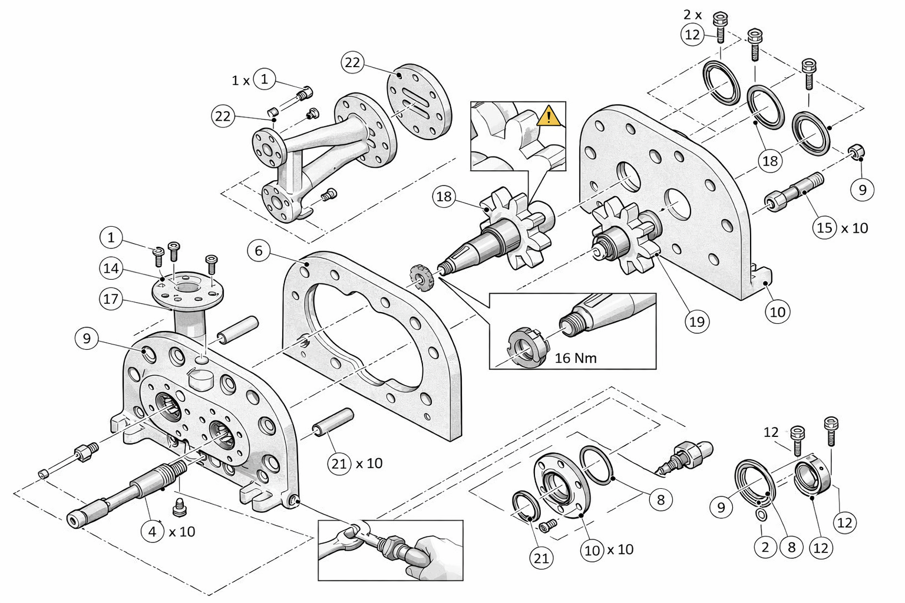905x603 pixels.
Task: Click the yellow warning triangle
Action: click(x=549, y=116)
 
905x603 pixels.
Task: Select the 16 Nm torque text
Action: click(x=576, y=357)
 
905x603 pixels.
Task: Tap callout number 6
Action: click(x=259, y=251)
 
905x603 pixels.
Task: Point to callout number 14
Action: click(x=111, y=269)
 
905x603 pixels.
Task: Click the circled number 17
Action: click(x=111, y=299)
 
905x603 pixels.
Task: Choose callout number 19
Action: click(x=697, y=322)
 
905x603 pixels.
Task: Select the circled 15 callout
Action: click(x=825, y=227)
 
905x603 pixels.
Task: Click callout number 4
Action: click(x=153, y=531)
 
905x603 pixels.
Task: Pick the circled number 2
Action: click(x=765, y=548)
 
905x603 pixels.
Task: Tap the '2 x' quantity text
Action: click(x=692, y=14)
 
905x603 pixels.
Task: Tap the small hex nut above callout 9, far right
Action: click(x=856, y=151)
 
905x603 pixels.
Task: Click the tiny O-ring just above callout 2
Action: click(x=761, y=516)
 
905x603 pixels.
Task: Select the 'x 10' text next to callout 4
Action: click(x=181, y=532)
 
